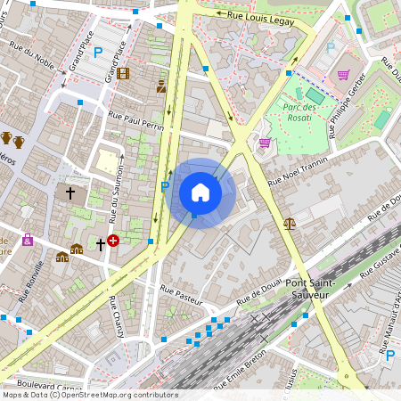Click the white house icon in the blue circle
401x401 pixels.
[x=200, y=192]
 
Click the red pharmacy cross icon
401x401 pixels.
[x=113, y=241]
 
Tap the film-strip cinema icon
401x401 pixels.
[x=123, y=73]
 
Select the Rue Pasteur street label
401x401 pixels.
[x=182, y=291]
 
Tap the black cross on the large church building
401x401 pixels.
[x=70, y=192]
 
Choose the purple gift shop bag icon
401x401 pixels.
[x=28, y=240]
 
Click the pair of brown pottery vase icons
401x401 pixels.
[x=12, y=140]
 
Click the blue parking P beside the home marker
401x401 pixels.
[x=164, y=186]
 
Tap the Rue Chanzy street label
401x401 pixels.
[x=116, y=319]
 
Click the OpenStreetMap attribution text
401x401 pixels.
[x=90, y=394]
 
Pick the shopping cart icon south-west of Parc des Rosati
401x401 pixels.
[x=264, y=142]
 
